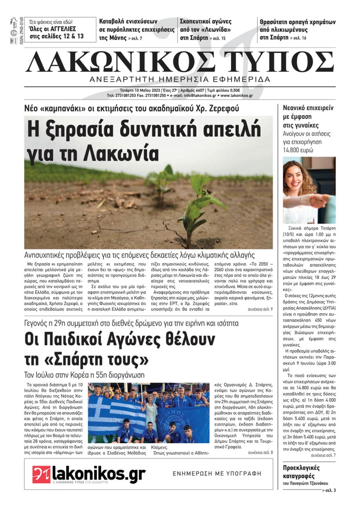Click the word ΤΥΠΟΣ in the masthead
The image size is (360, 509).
coord(279,62)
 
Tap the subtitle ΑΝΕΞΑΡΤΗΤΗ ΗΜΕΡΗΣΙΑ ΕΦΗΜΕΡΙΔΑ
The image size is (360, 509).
coord(180,79)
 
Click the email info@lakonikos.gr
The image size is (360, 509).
coord(200,96)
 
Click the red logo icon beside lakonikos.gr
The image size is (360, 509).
coord(41,474)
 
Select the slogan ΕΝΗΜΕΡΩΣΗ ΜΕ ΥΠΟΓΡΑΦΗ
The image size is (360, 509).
coord(217,474)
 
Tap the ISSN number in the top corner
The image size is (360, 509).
coord(22,30)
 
